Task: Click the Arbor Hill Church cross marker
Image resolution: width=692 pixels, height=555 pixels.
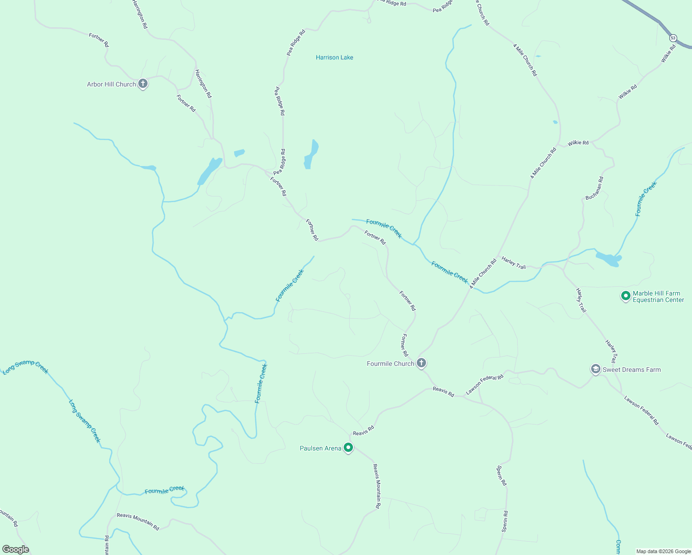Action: click(x=143, y=84)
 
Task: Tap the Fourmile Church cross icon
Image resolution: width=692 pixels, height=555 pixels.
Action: click(x=421, y=363)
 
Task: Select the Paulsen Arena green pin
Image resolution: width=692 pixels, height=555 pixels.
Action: click(x=348, y=447)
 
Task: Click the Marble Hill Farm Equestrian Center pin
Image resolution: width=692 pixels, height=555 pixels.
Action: click(x=625, y=295)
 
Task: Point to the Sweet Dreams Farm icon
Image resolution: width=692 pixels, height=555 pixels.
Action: click(x=595, y=369)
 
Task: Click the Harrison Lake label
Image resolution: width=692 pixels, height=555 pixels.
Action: click(x=334, y=57)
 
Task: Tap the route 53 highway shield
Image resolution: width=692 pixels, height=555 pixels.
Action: click(x=673, y=37)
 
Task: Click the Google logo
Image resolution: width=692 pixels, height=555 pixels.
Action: click(x=15, y=549)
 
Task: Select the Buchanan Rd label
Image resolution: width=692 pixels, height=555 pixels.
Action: click(x=594, y=188)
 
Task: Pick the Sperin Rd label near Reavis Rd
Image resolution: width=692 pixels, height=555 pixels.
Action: click(x=501, y=475)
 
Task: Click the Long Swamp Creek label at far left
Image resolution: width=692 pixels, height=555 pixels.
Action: click(x=25, y=366)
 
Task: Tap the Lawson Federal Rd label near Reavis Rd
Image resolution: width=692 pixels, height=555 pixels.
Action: click(x=484, y=384)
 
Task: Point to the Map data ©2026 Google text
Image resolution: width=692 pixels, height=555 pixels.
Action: click(x=663, y=551)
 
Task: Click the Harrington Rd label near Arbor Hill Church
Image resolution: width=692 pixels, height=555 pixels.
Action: click(x=203, y=84)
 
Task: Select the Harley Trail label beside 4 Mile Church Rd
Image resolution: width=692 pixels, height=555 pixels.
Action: click(x=514, y=263)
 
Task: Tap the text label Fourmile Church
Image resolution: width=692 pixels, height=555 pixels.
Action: click(x=390, y=364)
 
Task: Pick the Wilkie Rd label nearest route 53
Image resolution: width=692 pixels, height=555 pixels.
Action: click(x=668, y=54)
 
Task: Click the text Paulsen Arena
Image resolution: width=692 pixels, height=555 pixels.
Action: click(x=321, y=448)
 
